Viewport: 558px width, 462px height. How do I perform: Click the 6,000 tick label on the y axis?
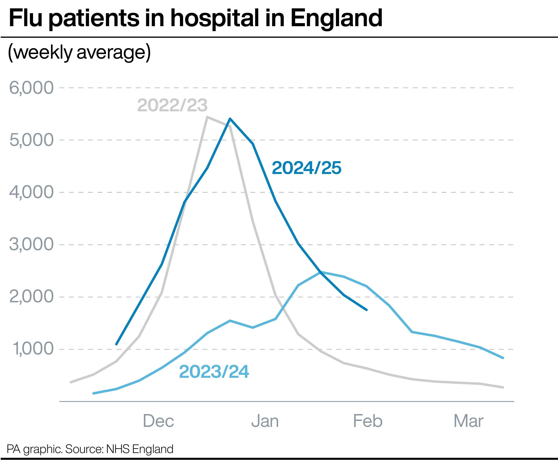31,88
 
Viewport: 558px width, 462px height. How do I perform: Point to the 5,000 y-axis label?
31,140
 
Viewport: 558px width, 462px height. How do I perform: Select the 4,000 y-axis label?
31,192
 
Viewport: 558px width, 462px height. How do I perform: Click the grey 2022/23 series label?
172,105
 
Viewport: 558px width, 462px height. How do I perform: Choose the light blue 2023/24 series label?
214,372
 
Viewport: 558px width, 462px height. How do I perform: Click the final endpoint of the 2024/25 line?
367,310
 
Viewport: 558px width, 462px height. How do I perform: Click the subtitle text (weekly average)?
79,52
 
